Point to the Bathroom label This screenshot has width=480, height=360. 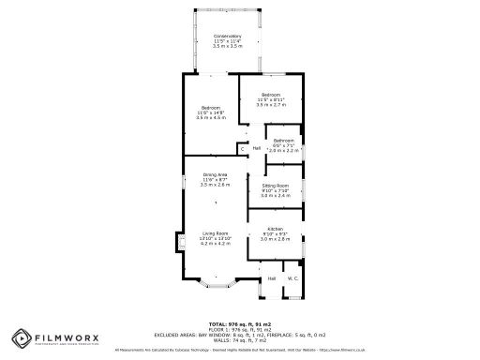(282, 141)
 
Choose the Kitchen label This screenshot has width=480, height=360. (275, 229)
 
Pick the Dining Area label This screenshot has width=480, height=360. (215, 174)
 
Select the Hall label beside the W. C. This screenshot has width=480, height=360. (271, 278)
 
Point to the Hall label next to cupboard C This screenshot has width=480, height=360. (256, 147)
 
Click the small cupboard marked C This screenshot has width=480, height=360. (242, 149)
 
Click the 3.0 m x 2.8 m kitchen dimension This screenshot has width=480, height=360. (275, 239)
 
